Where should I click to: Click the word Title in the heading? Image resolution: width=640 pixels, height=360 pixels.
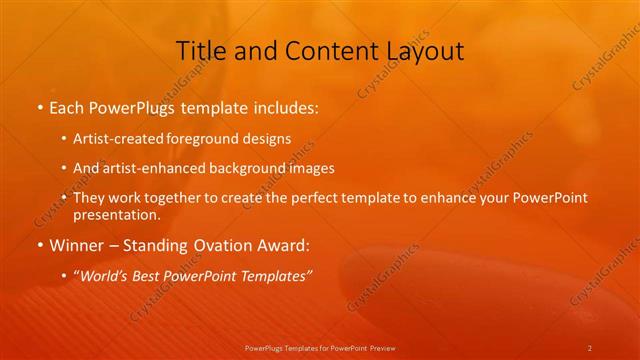200,50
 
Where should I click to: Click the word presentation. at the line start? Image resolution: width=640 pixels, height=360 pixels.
116,215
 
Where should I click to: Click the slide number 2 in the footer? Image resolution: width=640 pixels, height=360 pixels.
590,347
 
